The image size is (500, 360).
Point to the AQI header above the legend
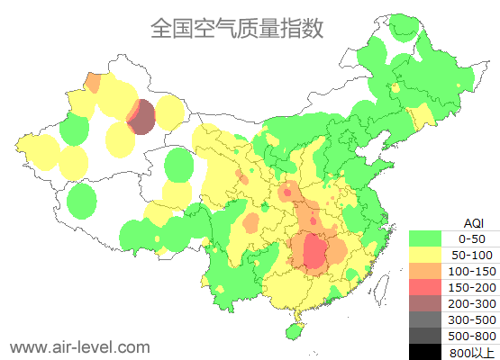473,222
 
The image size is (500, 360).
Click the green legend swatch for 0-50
430,238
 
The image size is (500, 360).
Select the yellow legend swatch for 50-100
430,255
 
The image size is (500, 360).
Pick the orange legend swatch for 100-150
430,271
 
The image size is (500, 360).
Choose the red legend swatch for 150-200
430,287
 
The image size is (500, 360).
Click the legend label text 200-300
472,303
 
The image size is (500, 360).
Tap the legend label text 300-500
472,319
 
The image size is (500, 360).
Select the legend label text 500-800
472,336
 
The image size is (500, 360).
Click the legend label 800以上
472,352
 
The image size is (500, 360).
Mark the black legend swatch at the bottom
430,352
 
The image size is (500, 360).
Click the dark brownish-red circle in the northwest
143,117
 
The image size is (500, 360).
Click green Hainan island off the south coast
293,330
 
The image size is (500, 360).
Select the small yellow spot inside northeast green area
395,89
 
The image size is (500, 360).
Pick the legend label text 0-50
472,238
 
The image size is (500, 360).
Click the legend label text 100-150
472,271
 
